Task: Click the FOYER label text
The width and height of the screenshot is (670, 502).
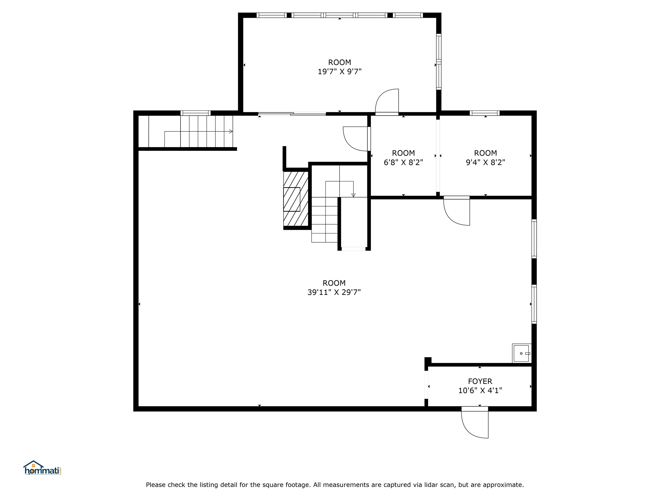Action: pos(480,381)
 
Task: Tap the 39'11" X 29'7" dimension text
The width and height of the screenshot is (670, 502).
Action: pos(334,292)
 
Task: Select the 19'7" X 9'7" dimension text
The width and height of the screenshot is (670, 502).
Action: pos(340,72)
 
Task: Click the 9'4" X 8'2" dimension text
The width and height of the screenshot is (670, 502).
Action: pos(485,163)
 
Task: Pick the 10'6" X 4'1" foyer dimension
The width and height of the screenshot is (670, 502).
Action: pos(480,391)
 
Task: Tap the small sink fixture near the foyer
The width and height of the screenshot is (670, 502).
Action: pos(521,353)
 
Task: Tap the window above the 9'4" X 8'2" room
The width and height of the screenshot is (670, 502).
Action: pos(485,113)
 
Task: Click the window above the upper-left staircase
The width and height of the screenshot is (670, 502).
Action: pos(195,113)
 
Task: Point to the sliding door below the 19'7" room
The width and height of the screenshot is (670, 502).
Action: pos(292,114)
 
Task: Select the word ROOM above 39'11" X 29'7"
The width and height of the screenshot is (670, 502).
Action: pos(334,283)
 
